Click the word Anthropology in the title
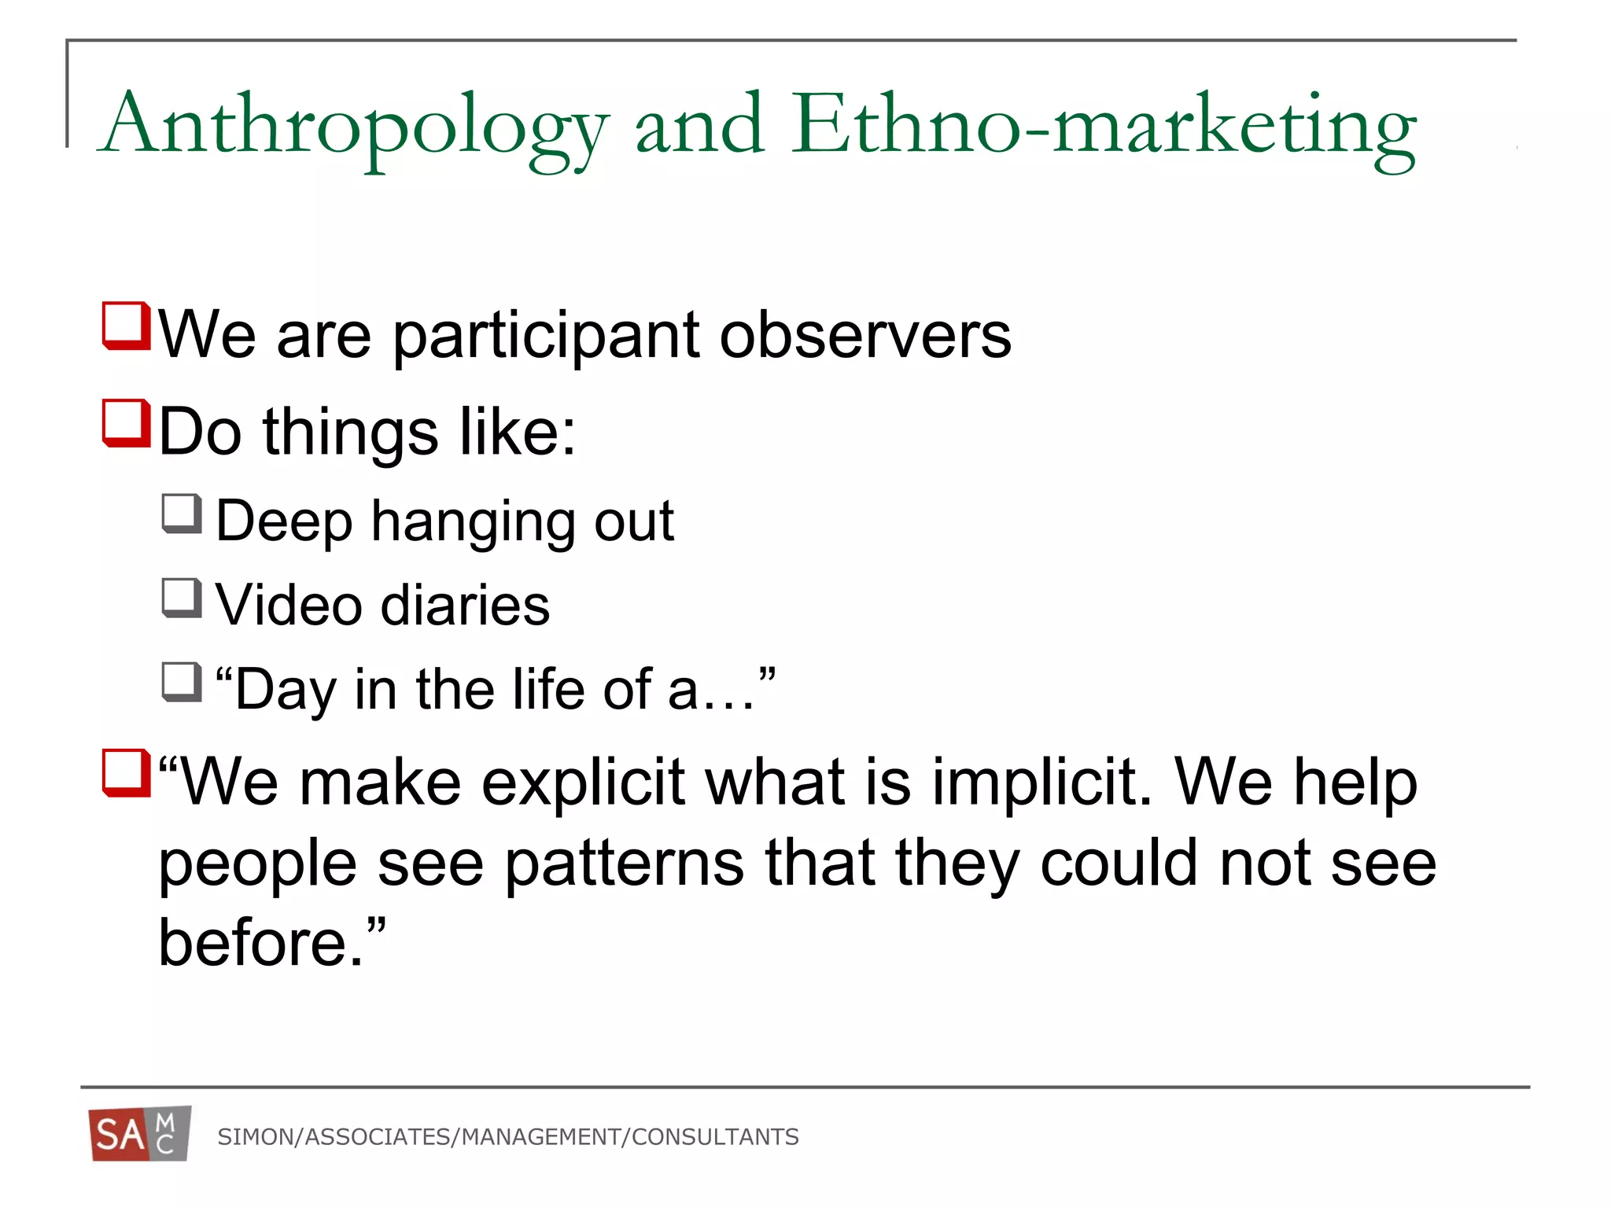[x=354, y=126]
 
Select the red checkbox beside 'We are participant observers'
[x=126, y=326]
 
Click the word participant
[x=545, y=337]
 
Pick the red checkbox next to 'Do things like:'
[x=126, y=423]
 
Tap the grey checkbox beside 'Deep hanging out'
[x=182, y=514]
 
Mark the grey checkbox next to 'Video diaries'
[x=182, y=598]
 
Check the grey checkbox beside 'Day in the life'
[x=182, y=682]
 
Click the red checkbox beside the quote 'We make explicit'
[x=126, y=773]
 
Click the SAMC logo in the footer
[x=139, y=1134]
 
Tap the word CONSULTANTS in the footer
[x=715, y=1137]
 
